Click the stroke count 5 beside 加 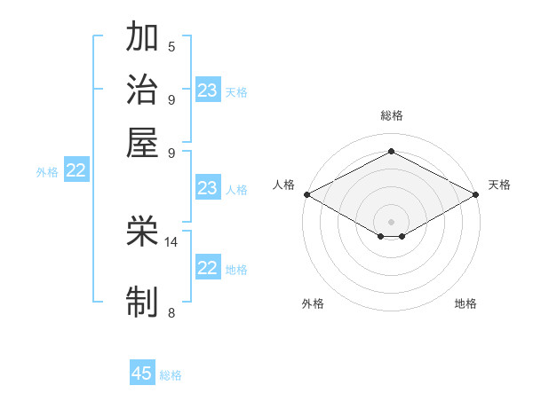[x=171, y=47]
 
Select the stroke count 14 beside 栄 [x=171, y=241]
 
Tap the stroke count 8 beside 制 [x=171, y=312]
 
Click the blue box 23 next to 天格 [x=207, y=90]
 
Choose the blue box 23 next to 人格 [x=207, y=188]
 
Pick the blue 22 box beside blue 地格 [x=207, y=268]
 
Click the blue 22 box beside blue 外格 [x=76, y=171]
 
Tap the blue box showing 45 [x=142, y=374]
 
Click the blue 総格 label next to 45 [x=171, y=375]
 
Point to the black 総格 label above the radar [x=391, y=115]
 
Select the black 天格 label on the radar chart [x=499, y=185]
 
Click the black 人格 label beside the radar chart [x=283, y=185]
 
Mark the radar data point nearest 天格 [x=476, y=194]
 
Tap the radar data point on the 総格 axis [x=391, y=152]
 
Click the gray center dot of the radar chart [x=391, y=221]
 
